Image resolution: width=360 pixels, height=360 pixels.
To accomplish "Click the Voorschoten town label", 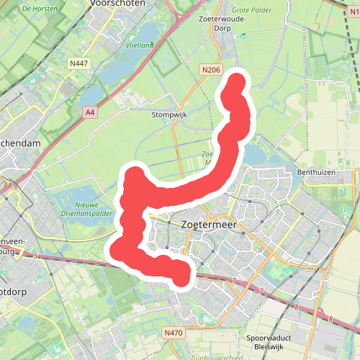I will [119, 4].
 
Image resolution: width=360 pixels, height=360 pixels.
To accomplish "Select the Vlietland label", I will [140, 45].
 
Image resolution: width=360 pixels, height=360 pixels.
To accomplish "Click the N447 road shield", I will [79, 64].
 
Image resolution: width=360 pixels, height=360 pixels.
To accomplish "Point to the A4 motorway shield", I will [89, 112].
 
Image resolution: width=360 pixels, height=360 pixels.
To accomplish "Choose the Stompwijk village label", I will [168, 114].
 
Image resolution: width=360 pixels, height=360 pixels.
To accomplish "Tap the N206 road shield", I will [210, 70].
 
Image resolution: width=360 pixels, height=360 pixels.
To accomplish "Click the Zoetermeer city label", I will [210, 224].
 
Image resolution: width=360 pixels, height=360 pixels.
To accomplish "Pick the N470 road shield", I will [173, 333].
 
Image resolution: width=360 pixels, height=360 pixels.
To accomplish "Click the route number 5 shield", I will [35, 255].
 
